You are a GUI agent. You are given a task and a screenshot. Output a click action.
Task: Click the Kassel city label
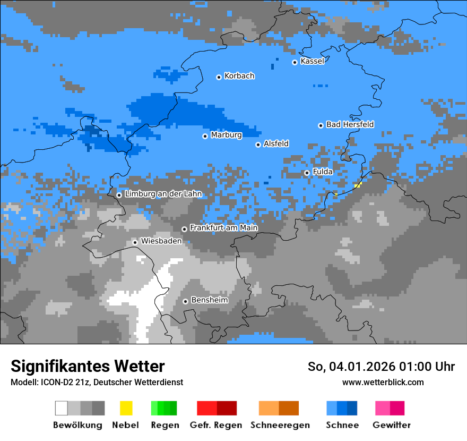312,61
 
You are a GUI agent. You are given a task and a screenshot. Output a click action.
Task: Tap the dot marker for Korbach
219,77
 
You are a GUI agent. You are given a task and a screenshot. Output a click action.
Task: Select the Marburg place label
226,135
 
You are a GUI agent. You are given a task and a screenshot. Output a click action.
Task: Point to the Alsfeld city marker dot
258,145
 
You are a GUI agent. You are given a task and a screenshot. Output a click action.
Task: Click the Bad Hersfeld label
350,124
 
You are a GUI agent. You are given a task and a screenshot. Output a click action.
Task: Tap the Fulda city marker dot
307,173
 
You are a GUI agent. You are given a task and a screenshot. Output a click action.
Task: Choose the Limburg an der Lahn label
163,194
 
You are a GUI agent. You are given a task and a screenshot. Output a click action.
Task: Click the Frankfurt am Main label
223,228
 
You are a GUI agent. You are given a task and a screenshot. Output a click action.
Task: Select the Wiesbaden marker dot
135,242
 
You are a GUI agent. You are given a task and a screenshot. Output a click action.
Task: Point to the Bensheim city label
209,300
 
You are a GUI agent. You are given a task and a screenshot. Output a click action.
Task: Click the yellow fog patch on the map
358,185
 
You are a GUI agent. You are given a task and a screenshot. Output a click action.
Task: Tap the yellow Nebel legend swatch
126,408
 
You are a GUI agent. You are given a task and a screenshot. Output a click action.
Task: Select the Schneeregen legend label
280,425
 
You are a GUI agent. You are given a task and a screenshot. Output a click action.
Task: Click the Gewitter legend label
391,425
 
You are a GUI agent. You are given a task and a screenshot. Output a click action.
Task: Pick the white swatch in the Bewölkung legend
62,408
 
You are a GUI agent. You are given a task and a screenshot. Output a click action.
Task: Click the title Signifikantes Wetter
88,366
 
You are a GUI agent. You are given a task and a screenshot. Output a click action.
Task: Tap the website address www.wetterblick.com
383,382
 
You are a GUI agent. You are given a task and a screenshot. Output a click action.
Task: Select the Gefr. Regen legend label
215,425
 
